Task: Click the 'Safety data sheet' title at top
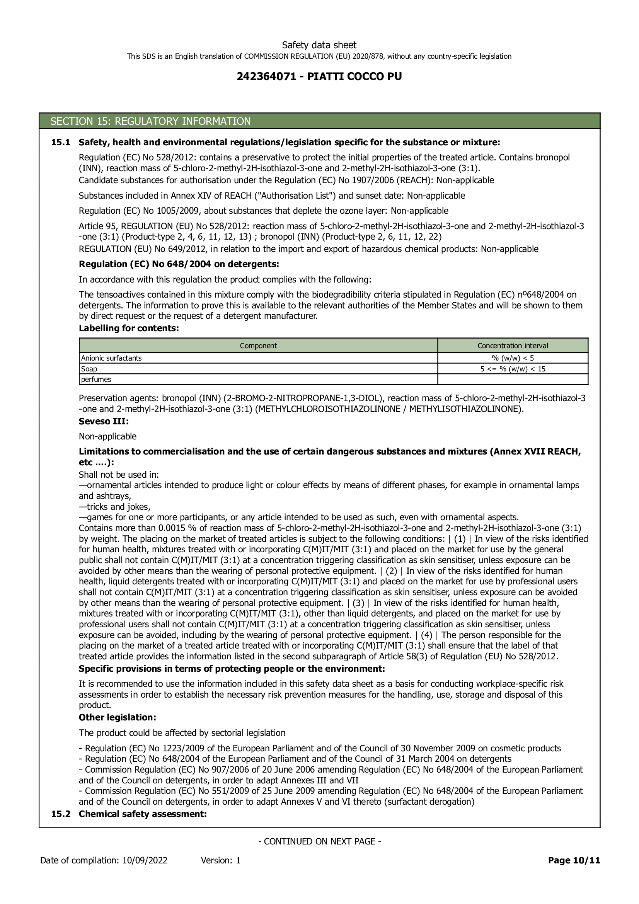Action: click(319, 45)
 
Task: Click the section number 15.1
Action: click(61, 143)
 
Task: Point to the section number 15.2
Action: click(61, 814)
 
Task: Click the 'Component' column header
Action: click(258, 346)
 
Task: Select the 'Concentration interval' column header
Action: click(513, 346)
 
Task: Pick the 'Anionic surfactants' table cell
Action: click(111, 358)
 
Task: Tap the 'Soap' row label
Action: click(89, 369)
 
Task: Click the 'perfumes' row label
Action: click(96, 380)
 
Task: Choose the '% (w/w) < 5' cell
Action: click(513, 358)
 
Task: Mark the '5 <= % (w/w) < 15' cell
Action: click(513, 369)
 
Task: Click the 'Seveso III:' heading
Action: click(104, 421)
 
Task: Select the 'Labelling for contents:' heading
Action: click(129, 329)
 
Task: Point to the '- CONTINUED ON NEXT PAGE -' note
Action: click(319, 841)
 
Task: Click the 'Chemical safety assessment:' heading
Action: click(143, 814)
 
